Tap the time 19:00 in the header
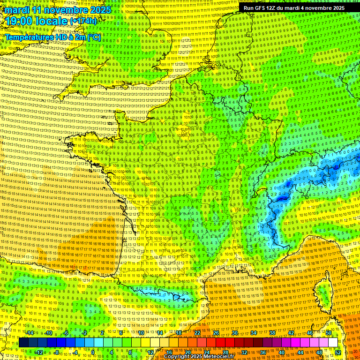click(18, 21)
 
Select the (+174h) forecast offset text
click(83, 21)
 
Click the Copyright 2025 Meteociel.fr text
click(199, 357)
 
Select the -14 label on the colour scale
click(30, 332)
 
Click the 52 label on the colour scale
click(338, 352)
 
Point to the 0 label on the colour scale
click(93, 352)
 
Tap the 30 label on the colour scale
click(234, 332)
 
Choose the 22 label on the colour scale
click(197, 332)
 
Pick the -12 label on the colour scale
click(39, 352)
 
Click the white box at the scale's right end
click(333, 342)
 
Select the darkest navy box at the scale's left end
click(23, 342)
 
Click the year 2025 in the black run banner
click(336, 8)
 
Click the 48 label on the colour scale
click(319, 352)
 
